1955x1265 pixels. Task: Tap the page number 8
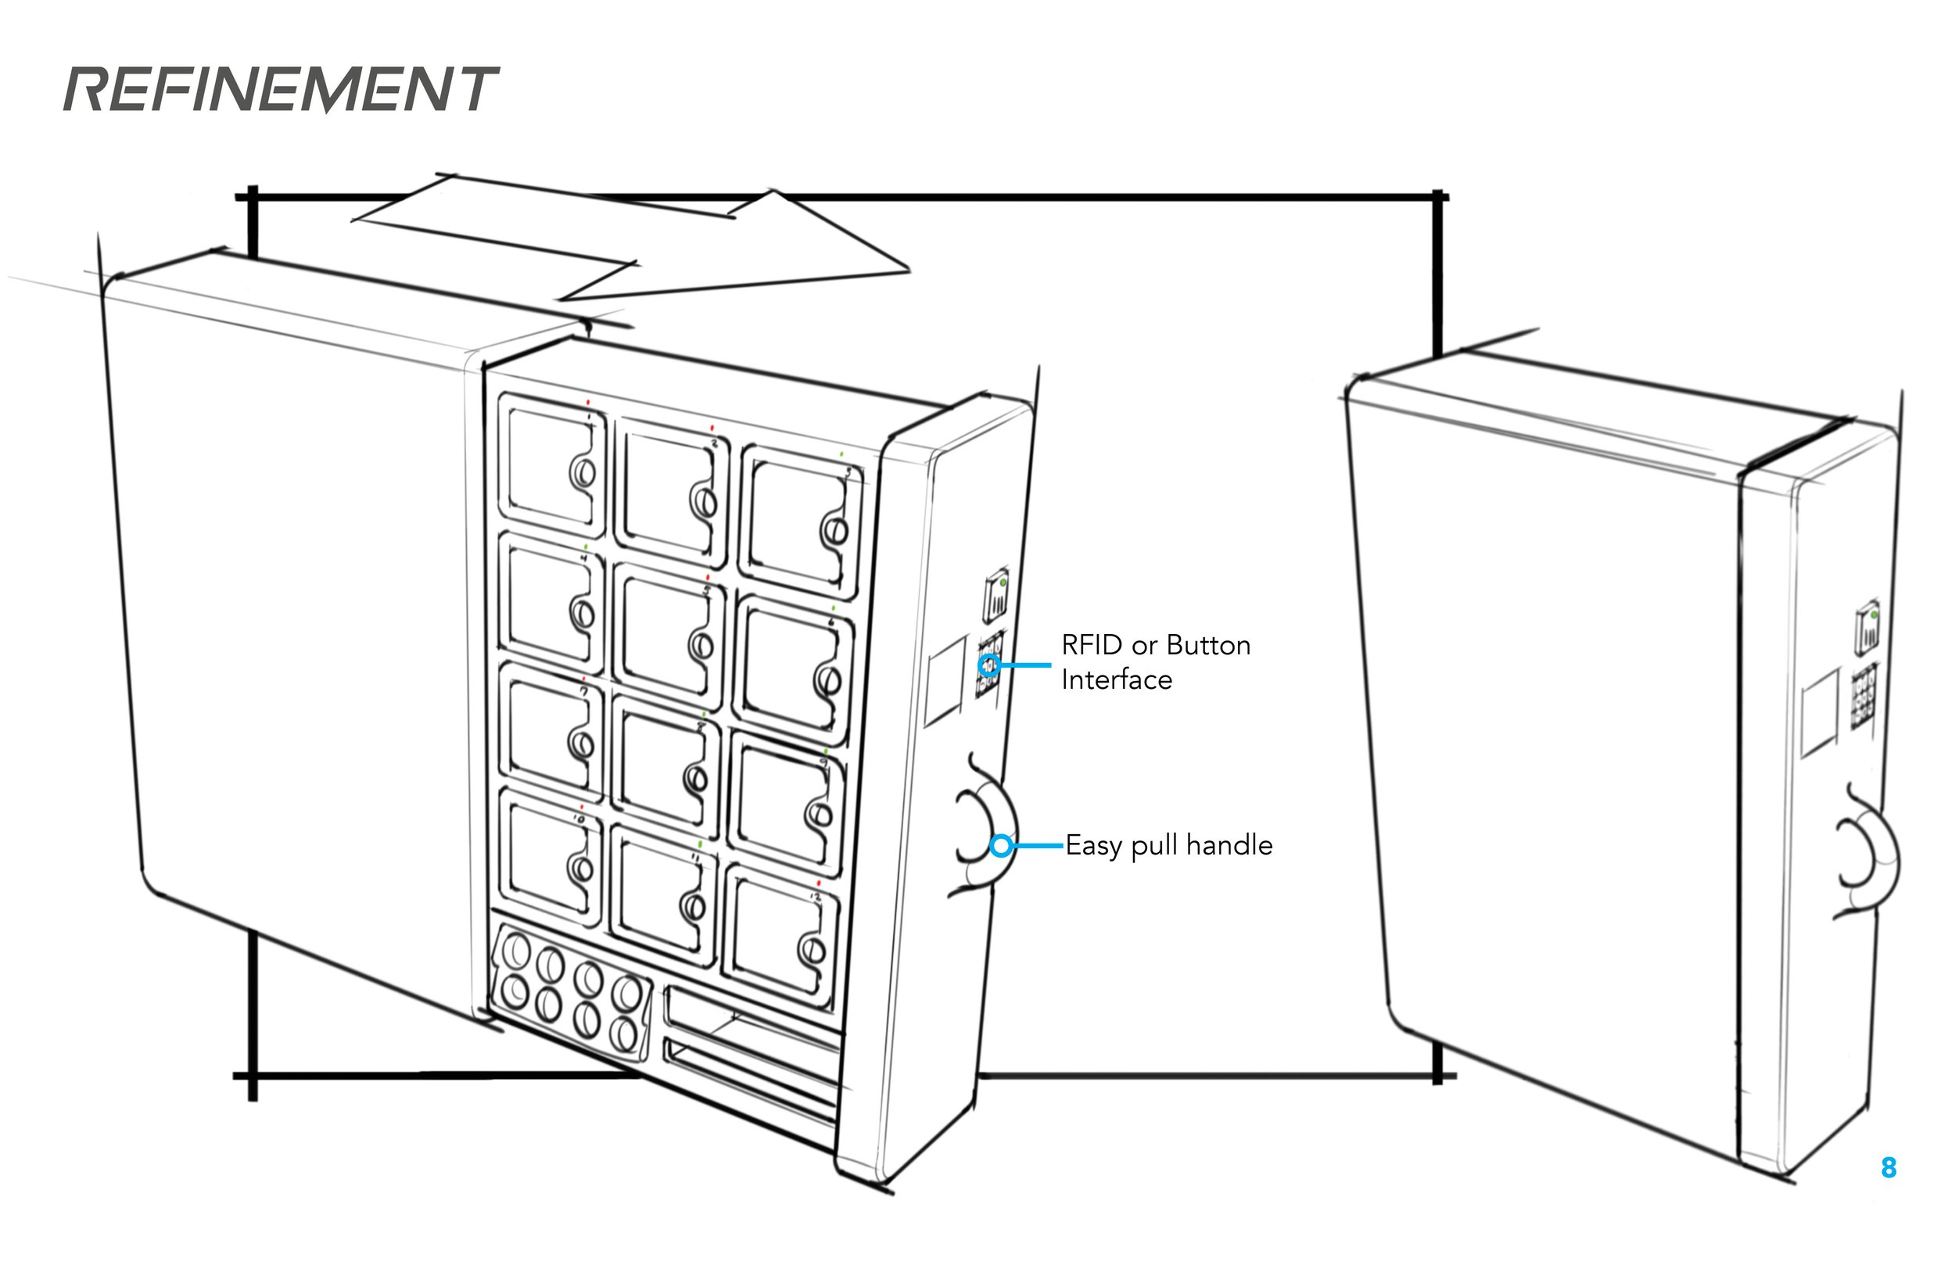click(1889, 1167)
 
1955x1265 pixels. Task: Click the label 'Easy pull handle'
click(1168, 845)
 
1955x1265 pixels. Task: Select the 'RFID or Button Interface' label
click(1156, 662)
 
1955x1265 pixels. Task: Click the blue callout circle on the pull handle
click(1001, 845)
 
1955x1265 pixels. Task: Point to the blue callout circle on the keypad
click(990, 665)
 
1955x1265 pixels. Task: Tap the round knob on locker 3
click(834, 530)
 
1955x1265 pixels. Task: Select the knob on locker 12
click(813, 951)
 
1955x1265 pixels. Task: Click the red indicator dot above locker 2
click(712, 428)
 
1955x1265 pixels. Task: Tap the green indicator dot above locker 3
click(841, 453)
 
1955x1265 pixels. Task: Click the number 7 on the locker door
click(584, 692)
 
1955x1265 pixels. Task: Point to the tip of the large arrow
click(909, 270)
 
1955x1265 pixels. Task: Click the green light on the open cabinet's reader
click(1004, 582)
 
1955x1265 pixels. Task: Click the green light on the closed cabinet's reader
click(1874, 614)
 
